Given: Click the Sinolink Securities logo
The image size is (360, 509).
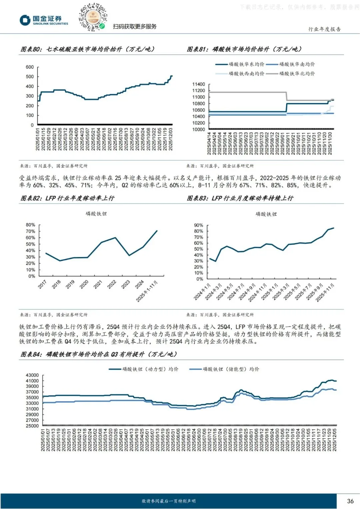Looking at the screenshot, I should pyautogui.click(x=43, y=20).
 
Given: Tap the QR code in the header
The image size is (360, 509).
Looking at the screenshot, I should pyautogui.click(x=93, y=17).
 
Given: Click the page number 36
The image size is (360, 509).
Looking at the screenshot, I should pyautogui.click(x=350, y=501).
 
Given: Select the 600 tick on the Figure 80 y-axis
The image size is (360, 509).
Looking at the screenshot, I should pyautogui.click(x=30, y=67).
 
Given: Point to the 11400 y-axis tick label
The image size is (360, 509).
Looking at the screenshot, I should pyautogui.click(x=198, y=84).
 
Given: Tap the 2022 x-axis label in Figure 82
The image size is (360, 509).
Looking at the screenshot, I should pyautogui.click(x=112, y=284).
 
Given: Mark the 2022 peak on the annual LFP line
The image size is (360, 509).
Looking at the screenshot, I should pyautogui.click(x=115, y=238).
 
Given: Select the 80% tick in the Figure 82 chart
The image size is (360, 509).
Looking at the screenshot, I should pyautogui.click(x=30, y=225).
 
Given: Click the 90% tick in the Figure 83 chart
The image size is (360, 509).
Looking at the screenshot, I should pyautogui.click(x=198, y=225).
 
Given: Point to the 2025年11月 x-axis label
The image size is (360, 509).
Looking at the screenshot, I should pyautogui.click(x=325, y=293).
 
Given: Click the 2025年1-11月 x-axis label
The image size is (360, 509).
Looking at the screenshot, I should pyautogui.click(x=147, y=291).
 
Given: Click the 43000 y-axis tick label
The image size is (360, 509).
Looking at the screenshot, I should pyautogui.click(x=32, y=375).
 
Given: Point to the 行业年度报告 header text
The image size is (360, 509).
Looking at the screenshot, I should pyautogui.click(x=324, y=29).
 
